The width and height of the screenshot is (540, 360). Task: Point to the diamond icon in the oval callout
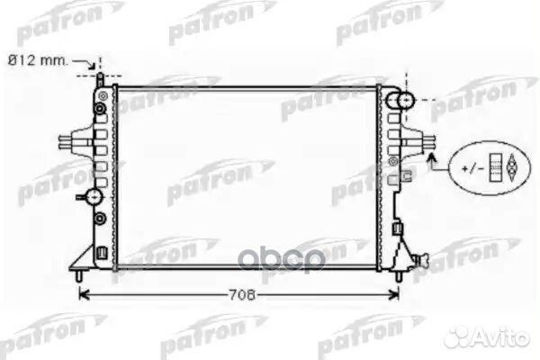click(x=513, y=166)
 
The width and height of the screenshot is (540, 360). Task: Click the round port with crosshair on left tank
click(x=93, y=196)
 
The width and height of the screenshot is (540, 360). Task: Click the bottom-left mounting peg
click(x=83, y=274)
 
